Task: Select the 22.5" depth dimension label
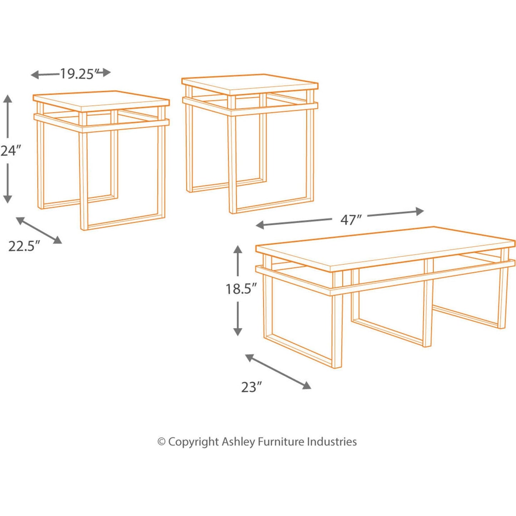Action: [x=24, y=246]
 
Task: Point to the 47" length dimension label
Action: [x=351, y=220]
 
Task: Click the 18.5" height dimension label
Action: [x=241, y=289]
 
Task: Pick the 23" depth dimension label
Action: [x=251, y=387]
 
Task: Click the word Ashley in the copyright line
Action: [x=238, y=442]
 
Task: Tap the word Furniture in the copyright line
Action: [x=281, y=442]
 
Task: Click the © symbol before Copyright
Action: [x=161, y=442]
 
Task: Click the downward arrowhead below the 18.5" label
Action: [x=237, y=332]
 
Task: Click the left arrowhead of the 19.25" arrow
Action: [x=34, y=75]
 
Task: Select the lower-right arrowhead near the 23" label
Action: [x=307, y=386]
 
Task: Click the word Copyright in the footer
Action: [x=193, y=442]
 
